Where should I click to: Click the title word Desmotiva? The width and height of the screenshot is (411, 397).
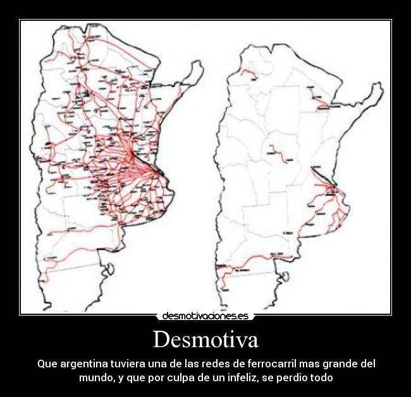click(205, 340)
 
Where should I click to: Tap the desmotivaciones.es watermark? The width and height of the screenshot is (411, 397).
click(205, 316)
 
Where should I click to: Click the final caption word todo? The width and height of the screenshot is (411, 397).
click(321, 377)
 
